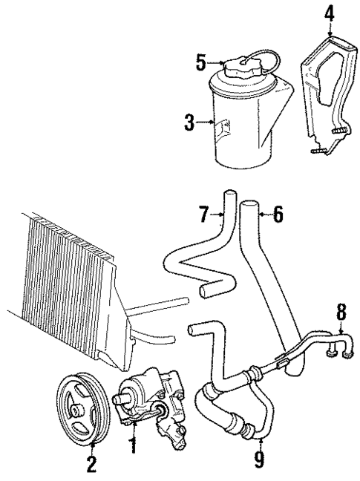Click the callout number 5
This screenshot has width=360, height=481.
pos(200,62)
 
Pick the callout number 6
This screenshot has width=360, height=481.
pos(278,215)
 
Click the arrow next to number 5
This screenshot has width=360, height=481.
pos(213,63)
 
